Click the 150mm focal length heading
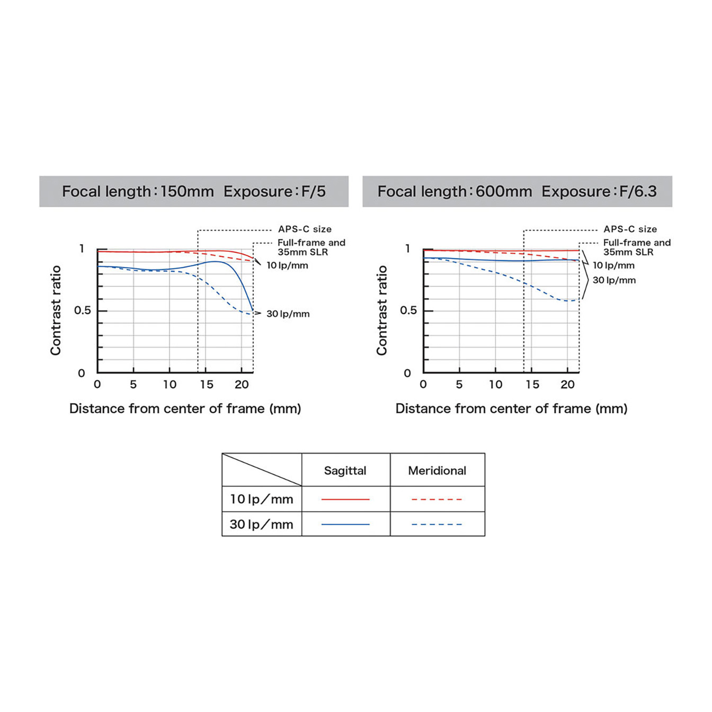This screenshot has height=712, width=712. point(193,191)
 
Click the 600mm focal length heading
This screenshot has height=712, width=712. point(517,191)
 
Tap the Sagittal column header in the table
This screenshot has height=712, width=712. point(345,470)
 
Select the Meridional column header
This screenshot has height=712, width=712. point(437,470)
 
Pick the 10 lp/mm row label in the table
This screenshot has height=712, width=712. point(261,499)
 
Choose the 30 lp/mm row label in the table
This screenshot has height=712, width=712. point(261,524)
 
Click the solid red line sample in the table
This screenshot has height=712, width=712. point(345,499)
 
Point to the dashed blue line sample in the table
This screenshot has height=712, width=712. point(437,524)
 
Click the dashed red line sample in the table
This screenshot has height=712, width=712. point(437,499)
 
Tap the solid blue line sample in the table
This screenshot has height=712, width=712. point(345,524)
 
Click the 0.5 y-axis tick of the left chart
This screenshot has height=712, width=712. point(83,310)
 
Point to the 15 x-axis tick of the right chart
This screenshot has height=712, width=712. point(532,385)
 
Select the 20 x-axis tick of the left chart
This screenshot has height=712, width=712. point(242,385)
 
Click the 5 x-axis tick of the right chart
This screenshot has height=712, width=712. point(459,385)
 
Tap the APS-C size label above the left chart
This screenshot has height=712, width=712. point(305,229)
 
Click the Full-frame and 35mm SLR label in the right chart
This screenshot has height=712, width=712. point(636,247)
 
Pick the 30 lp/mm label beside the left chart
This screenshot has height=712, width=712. point(288,314)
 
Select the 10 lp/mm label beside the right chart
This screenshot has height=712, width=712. point(613,265)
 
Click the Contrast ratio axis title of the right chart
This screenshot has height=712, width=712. point(382,310)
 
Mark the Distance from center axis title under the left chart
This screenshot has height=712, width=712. point(185,408)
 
